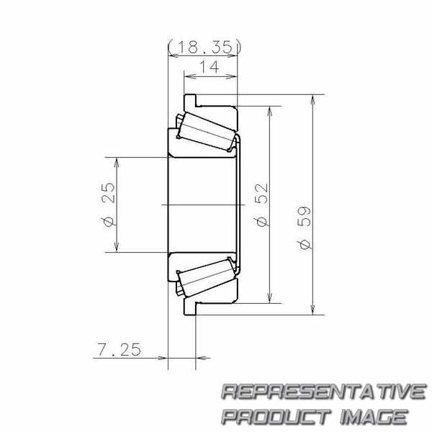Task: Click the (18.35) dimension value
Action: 204,47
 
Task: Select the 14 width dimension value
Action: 209,67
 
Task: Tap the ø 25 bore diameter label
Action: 108,204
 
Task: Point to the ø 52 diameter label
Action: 261,204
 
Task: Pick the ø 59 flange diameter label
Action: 304,228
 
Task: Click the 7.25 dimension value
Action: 119,349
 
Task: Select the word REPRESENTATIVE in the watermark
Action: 323,392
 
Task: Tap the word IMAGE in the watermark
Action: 374,416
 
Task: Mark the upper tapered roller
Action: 207,132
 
